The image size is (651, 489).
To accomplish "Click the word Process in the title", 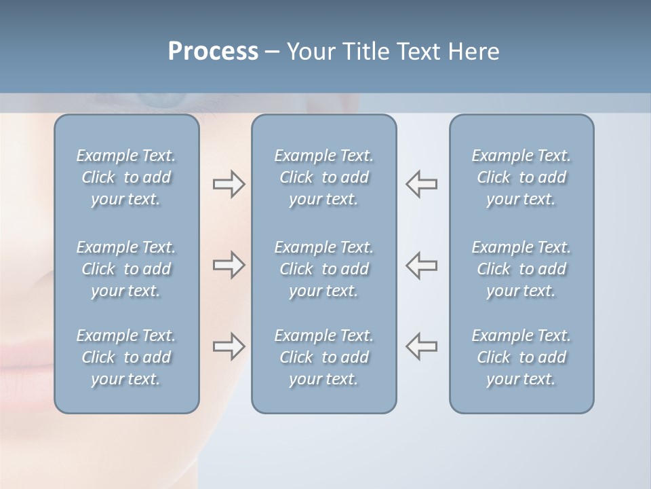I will [213, 52].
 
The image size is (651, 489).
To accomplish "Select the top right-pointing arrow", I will [229, 184].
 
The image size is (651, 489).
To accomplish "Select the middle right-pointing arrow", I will [229, 265].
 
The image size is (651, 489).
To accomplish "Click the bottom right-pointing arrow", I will [229, 346].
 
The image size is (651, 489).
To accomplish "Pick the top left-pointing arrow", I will [421, 184].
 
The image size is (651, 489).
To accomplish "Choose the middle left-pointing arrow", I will [421, 265].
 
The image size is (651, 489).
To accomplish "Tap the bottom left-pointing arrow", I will [421, 346].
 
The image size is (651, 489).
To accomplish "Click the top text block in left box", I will [126, 177].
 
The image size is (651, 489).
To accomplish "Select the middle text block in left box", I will [126, 269].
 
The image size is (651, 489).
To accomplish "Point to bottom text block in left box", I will [126, 357].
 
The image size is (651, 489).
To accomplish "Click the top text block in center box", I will [323, 177].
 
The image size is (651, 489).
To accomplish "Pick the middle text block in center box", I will [323, 269].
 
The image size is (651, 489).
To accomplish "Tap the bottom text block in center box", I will [323, 357].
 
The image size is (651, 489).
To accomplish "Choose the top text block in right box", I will [521, 177].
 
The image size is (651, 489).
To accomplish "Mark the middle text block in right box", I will [521, 269].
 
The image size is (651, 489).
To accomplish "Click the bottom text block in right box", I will [521, 357].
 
